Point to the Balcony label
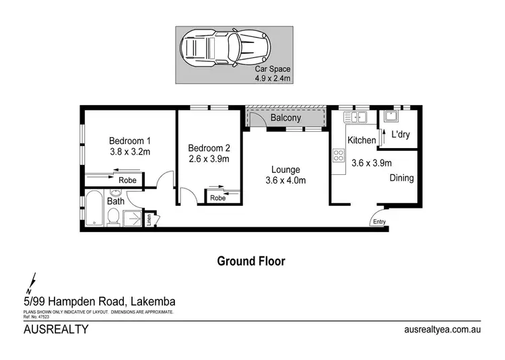(285, 118)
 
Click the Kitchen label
(362, 141)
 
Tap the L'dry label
(400, 135)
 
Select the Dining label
(401, 178)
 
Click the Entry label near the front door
(380, 222)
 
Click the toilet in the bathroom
(114, 217)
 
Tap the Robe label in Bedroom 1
(127, 180)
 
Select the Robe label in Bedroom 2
(217, 198)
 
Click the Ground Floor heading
(250, 261)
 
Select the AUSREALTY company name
(56, 330)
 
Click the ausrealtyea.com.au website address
(442, 330)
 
